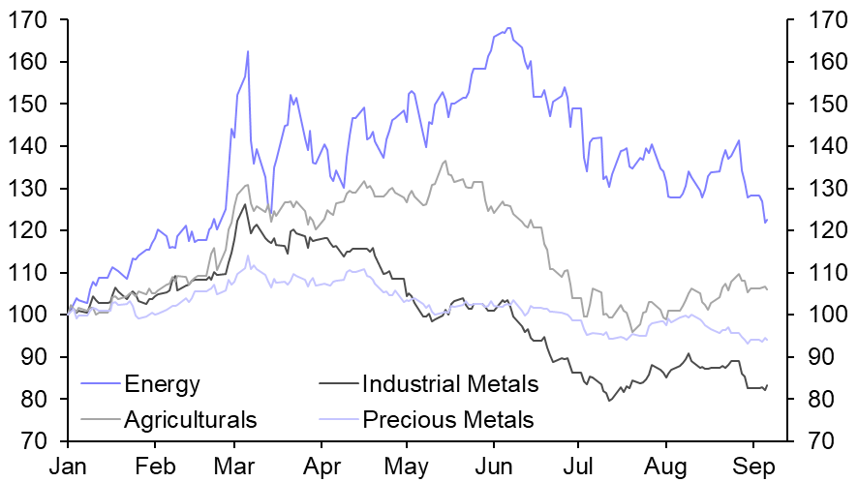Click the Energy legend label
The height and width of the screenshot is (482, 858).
click(x=163, y=384)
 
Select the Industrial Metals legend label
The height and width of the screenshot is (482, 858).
click(x=449, y=384)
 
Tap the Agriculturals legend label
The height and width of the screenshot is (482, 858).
click(x=191, y=419)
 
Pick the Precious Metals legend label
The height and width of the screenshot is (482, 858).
click(x=447, y=419)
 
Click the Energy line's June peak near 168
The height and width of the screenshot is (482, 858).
click(x=508, y=28)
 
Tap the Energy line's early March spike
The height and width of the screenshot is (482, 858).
click(x=248, y=51)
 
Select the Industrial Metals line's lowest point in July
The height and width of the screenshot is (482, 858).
click(x=609, y=400)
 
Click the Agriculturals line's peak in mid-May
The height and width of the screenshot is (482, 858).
click(x=444, y=162)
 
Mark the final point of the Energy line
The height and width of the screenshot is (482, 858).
click(x=767, y=220)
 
